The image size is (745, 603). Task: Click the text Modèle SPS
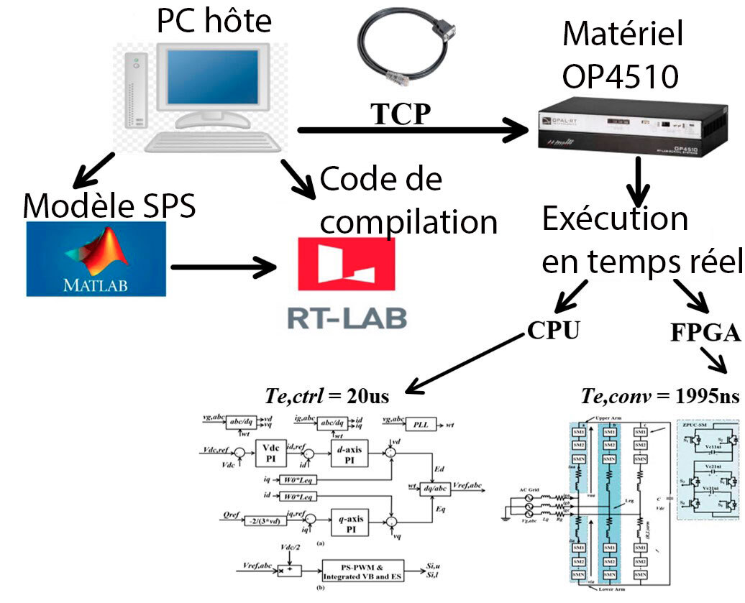[109, 206]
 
